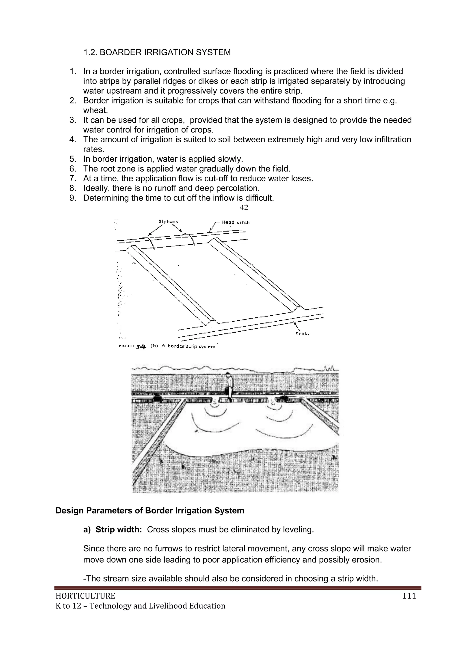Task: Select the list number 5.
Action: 73,159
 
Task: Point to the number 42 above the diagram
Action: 244,207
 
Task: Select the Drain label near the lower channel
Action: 302,334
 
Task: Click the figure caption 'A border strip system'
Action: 188,346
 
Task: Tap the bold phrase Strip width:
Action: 118,530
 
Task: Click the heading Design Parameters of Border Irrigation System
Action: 150,511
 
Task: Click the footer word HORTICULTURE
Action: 85,596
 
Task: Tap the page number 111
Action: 409,596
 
